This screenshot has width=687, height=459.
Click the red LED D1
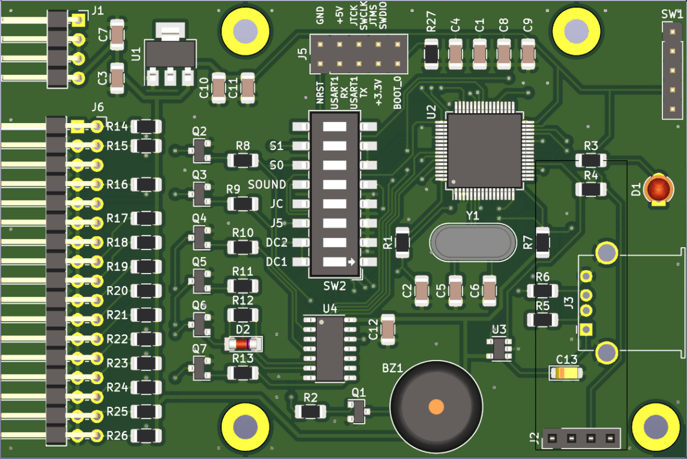tap(657, 189)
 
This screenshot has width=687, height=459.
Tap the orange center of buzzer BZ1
tap(436, 406)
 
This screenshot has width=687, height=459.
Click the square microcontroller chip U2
tap(484, 149)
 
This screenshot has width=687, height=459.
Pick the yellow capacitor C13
tap(566, 374)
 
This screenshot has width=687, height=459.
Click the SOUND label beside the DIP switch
tap(267, 184)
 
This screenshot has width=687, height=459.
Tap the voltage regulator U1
tap(169, 56)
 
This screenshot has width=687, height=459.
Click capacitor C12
tap(388, 330)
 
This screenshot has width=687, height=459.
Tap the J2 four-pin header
tap(581, 439)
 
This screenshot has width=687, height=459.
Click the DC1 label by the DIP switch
tap(277, 262)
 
